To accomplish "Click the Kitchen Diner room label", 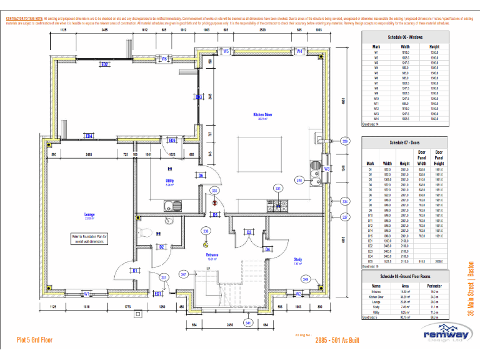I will pos(262,116).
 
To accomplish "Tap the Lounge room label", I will pos(89,216).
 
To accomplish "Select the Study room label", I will pos(298,261).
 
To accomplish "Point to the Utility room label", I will pos(169,182).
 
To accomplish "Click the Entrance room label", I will pos(212,256).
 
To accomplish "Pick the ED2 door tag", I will pos(105,64).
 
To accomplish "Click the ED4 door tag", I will pos(89,136).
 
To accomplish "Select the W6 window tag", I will pos(164,59).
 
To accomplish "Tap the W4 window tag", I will pos(299,51).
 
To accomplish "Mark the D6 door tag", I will pos(201,176).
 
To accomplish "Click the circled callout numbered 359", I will pos(344,142).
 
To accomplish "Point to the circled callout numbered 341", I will pos(248,323).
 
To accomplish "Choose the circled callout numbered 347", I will pos(183,274).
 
